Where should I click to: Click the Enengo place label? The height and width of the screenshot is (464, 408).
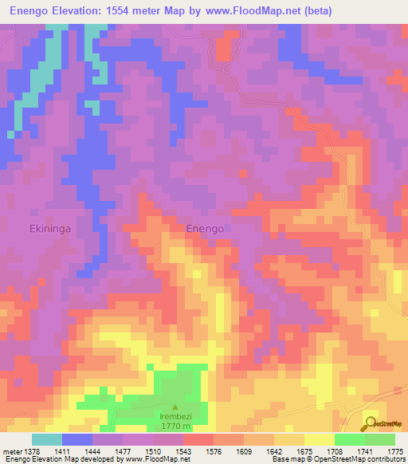[x=205, y=228]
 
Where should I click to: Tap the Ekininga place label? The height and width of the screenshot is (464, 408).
[x=51, y=228]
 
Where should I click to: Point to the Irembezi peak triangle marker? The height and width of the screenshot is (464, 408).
[x=175, y=407]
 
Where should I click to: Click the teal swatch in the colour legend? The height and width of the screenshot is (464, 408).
[x=47, y=439]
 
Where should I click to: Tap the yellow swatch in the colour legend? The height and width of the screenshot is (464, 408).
[x=319, y=439]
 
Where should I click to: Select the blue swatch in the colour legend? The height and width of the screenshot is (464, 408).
[x=77, y=439]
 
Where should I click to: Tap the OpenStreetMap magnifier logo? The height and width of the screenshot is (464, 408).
[x=372, y=423]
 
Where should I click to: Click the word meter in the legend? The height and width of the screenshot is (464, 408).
[x=12, y=451]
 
